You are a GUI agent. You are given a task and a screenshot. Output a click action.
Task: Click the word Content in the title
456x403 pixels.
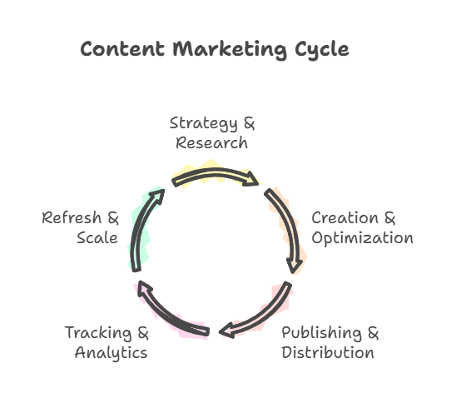[122, 48]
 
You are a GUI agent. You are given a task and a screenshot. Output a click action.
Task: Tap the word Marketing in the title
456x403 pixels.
[230, 50]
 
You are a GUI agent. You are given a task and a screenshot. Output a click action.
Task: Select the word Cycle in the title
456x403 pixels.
[322, 50]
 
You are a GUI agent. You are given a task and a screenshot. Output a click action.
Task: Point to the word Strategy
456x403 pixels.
[204, 124]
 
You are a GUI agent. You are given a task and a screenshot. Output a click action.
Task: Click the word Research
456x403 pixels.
[211, 143]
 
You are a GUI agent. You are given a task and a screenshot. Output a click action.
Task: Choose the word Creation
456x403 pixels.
[344, 217]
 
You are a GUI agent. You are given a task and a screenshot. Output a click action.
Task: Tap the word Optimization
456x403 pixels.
[362, 239]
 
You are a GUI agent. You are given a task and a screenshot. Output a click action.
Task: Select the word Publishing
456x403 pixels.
[322, 333]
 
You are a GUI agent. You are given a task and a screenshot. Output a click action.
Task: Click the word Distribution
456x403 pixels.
[328, 352]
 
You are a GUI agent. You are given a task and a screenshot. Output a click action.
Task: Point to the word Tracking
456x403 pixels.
[98, 333]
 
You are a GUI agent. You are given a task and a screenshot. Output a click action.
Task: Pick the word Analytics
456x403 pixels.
[112, 353]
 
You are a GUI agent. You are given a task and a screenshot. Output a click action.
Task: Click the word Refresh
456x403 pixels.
[72, 217]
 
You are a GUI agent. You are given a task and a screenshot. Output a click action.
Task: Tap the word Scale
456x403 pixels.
[97, 237]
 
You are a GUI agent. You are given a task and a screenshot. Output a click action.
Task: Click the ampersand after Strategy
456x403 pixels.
[250, 123]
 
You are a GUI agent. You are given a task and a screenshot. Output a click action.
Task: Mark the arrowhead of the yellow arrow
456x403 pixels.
[250, 179]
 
